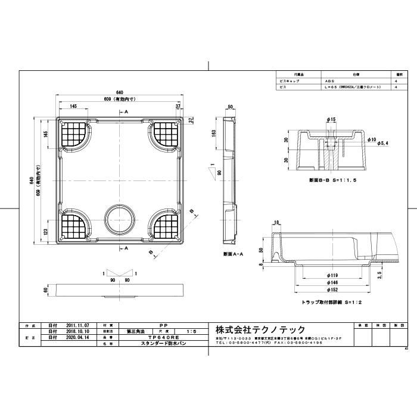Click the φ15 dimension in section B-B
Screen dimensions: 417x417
tap(332, 120)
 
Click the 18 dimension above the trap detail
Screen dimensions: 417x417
tap(275, 223)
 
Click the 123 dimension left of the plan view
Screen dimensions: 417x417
tap(46, 231)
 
